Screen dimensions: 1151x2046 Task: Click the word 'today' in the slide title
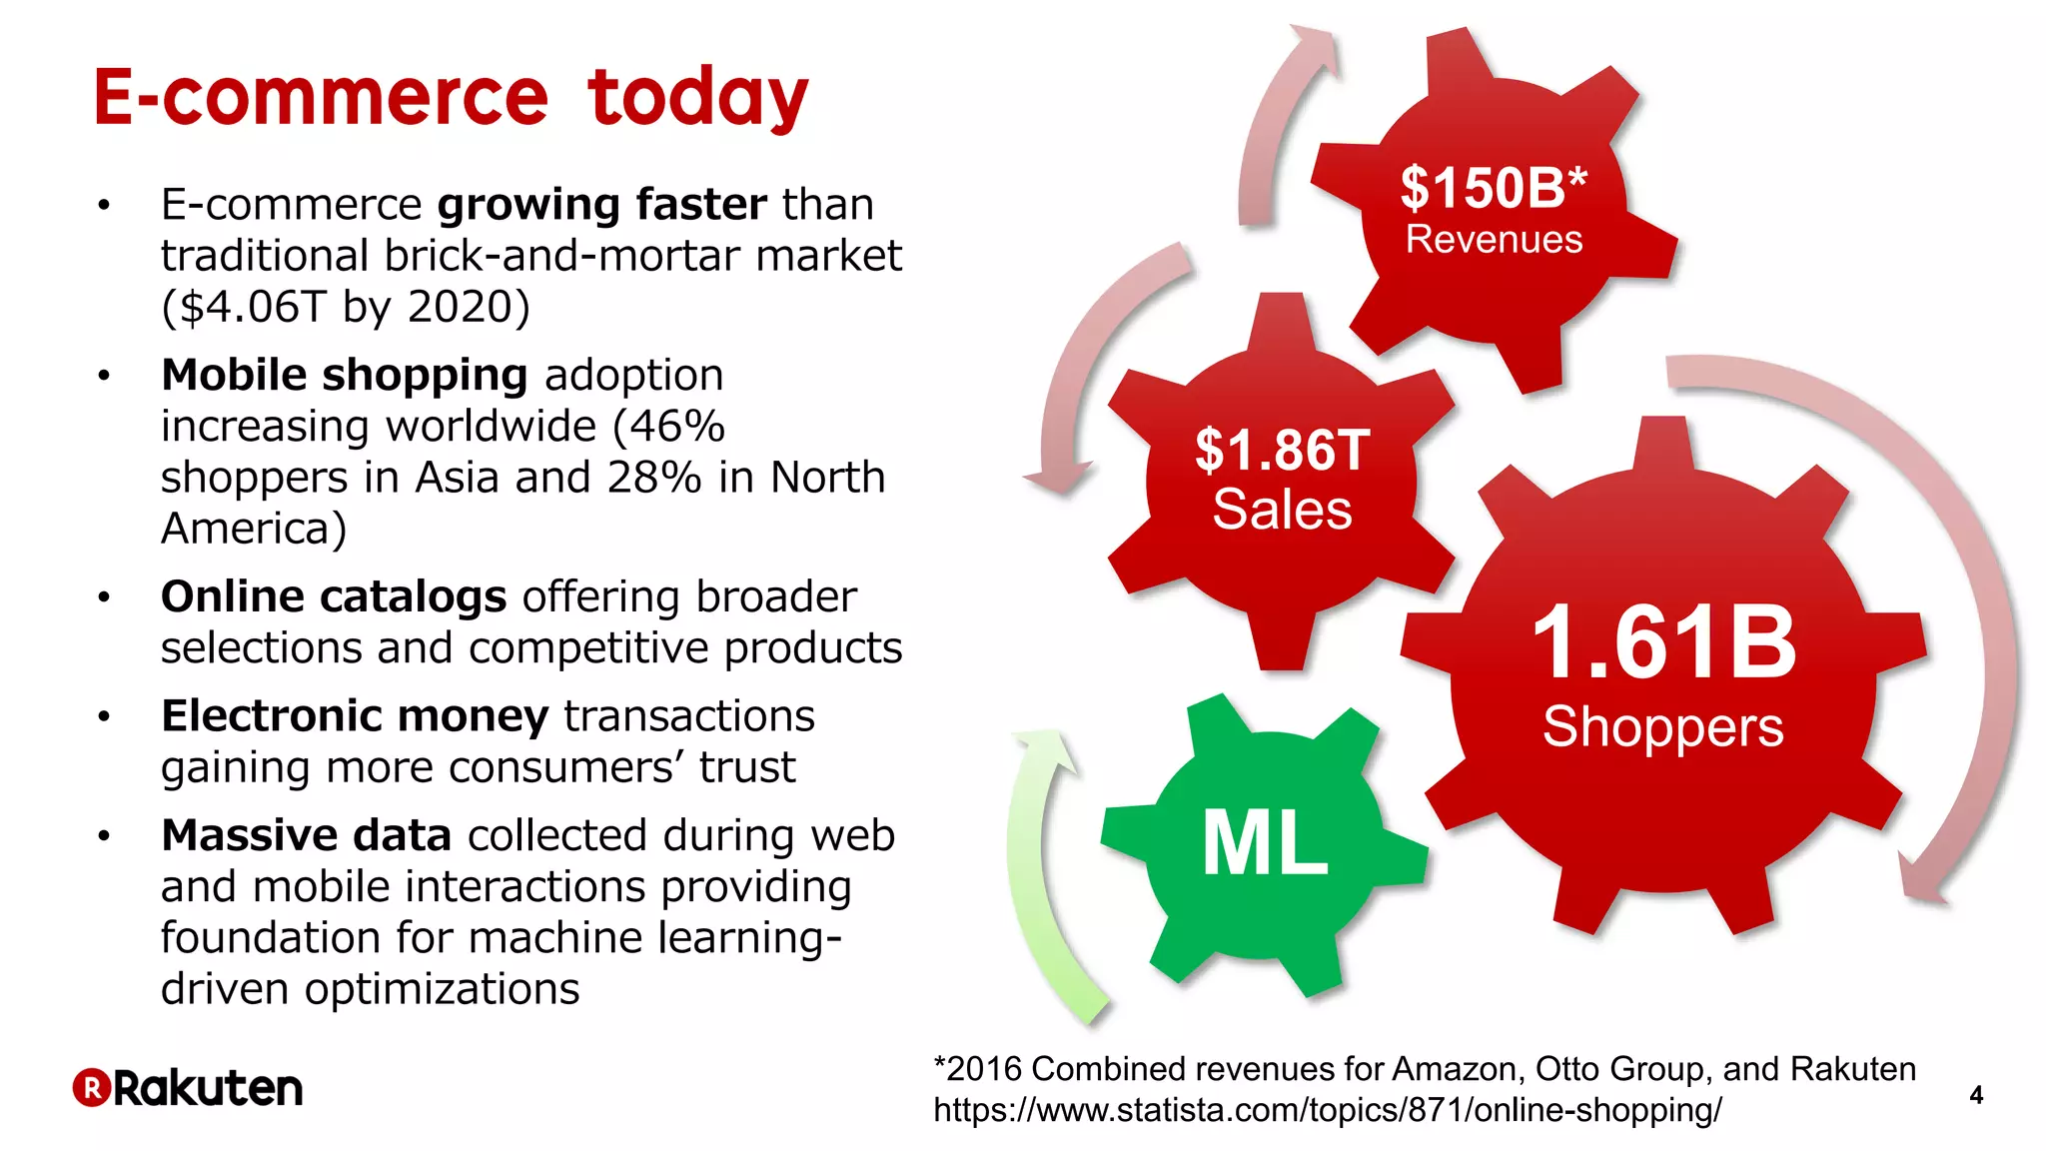[697, 98]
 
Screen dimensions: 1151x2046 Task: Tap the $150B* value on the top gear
[1493, 187]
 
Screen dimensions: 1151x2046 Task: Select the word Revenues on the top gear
[1494, 240]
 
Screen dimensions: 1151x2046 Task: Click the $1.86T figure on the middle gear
[1282, 450]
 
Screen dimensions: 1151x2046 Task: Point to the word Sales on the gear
[1282, 510]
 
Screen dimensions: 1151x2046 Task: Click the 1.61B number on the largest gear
[1663, 643]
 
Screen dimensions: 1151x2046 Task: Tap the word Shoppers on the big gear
[1662, 726]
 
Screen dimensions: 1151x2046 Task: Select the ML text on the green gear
[1265, 844]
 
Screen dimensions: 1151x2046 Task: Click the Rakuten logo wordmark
[208, 1088]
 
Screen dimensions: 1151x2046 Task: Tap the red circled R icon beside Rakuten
[91, 1088]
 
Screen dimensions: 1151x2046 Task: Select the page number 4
[1975, 1095]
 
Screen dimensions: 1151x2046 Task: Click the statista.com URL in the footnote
[1327, 1110]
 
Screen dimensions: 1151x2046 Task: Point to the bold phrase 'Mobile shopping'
[344, 376]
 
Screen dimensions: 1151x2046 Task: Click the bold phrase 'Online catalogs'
[334, 597]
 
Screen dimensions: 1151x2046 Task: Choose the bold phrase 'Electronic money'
[355, 716]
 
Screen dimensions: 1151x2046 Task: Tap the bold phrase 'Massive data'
[306, 835]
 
